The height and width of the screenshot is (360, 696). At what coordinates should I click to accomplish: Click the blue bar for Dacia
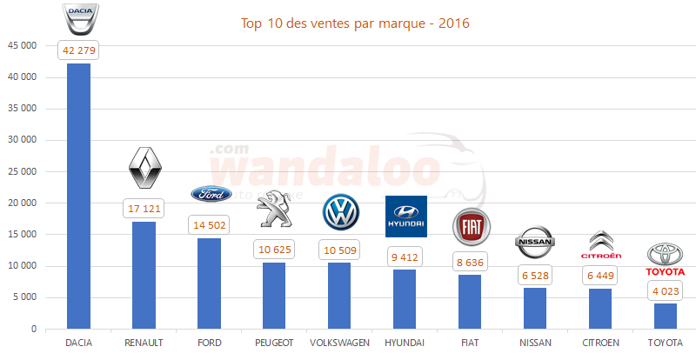(79, 196)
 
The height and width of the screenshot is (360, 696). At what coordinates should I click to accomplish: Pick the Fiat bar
(471, 302)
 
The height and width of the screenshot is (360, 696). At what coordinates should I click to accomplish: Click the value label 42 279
(79, 50)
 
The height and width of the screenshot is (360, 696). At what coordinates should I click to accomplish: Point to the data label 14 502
(210, 224)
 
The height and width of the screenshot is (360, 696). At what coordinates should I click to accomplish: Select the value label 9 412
(405, 257)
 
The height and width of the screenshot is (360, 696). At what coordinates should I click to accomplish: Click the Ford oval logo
(211, 194)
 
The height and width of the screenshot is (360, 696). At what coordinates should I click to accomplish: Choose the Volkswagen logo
(340, 212)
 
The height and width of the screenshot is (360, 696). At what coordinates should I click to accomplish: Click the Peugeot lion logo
(275, 209)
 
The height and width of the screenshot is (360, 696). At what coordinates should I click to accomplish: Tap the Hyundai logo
(405, 216)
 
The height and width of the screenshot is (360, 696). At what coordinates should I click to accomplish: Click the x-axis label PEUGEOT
(274, 343)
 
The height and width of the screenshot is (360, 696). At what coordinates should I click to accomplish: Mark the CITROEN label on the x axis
(601, 343)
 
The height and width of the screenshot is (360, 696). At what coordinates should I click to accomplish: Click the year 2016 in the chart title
(453, 23)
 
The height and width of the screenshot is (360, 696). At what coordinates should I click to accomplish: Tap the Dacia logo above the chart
(79, 17)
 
